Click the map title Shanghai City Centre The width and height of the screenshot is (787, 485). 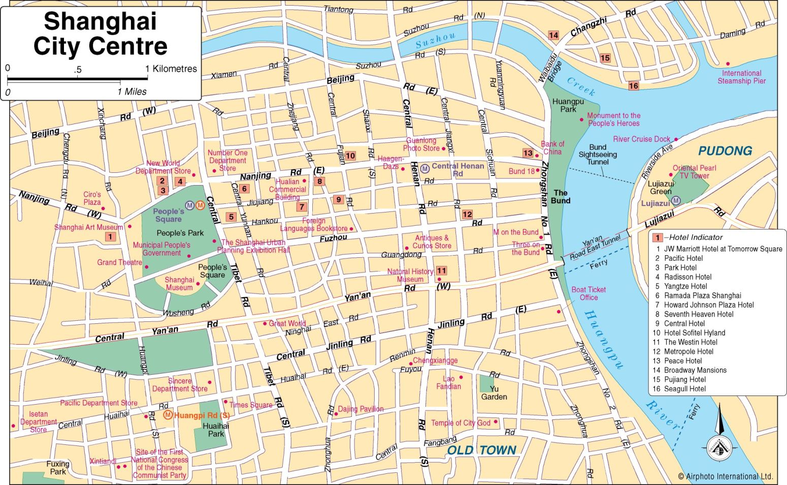[100, 34]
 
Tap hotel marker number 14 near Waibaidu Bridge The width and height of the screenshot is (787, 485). [553, 35]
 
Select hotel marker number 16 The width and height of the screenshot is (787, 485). [633, 86]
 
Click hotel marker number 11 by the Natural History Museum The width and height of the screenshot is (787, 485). [441, 271]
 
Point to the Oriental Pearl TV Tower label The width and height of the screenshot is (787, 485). [694, 172]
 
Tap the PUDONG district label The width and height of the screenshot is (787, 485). [725, 151]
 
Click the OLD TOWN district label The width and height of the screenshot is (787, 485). [481, 450]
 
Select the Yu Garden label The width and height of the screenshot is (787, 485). [494, 393]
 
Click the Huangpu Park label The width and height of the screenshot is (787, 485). [568, 105]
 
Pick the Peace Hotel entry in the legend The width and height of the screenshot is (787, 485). [683, 361]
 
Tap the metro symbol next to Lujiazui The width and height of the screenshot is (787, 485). [676, 201]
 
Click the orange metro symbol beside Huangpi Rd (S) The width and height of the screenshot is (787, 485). [168, 415]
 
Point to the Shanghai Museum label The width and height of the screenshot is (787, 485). [179, 284]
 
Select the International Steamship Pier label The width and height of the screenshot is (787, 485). [741, 77]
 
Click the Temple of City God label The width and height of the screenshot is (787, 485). [461, 423]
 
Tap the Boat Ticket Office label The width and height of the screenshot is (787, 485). [588, 293]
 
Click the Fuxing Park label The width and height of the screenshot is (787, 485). [57, 468]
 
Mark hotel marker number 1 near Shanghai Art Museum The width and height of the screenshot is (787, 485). [110, 236]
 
